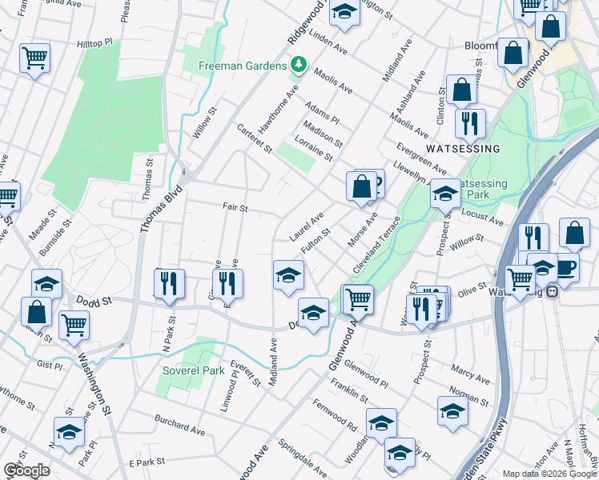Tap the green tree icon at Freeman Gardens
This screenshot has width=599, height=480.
(x=299, y=64)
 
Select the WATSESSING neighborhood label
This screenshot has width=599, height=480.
(x=463, y=149)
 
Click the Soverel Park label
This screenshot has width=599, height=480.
(x=194, y=371)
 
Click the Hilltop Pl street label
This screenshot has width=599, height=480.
(x=98, y=45)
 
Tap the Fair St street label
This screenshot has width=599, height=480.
(x=235, y=207)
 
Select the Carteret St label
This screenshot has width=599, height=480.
(x=255, y=138)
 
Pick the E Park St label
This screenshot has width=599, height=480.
(x=147, y=462)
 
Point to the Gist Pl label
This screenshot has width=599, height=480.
(x=49, y=365)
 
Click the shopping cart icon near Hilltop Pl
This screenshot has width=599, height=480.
(x=34, y=58)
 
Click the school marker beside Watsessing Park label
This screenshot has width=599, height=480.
(x=445, y=193)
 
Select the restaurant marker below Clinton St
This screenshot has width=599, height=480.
(x=469, y=122)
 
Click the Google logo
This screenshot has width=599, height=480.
(x=26, y=470)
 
